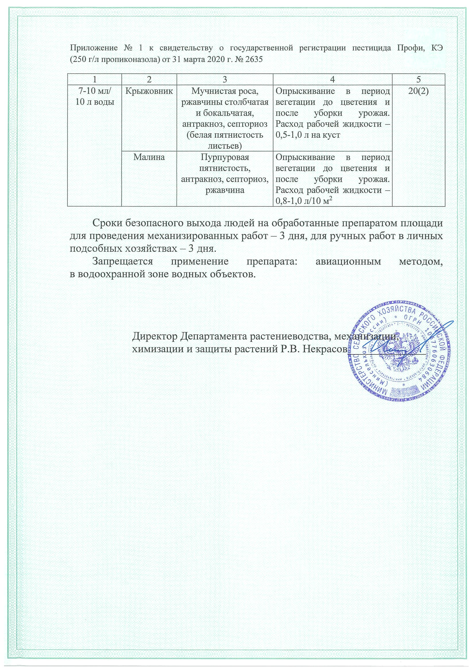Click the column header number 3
pyautogui.click(x=225, y=79)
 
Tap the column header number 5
pyautogui.click(x=418, y=79)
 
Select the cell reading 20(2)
pyautogui.click(x=418, y=91)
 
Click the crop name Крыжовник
pyautogui.click(x=149, y=91)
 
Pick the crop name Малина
pyautogui.click(x=149, y=157)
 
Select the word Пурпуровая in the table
pyautogui.click(x=225, y=157)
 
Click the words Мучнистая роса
pyautogui.click(x=225, y=91)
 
